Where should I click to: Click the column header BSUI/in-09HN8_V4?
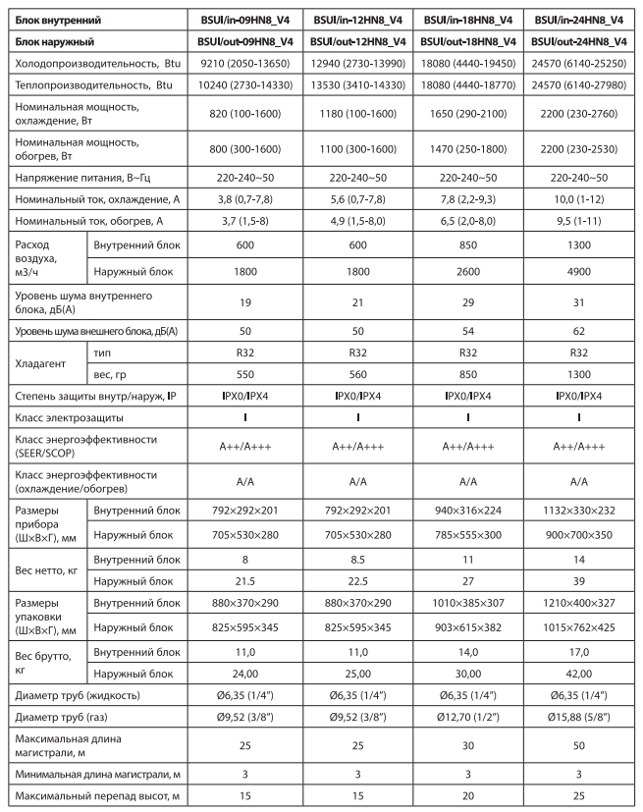point(248,18)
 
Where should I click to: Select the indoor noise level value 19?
point(248,307)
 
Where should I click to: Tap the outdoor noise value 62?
point(579,340)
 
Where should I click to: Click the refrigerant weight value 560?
point(358,382)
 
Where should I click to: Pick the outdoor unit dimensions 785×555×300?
point(468,535)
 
